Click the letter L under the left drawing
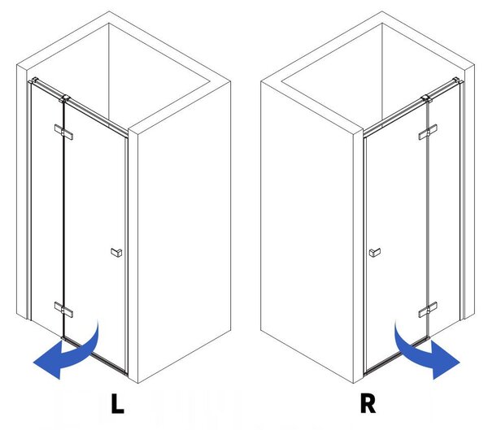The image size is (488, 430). (117, 403)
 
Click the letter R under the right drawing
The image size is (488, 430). (368, 403)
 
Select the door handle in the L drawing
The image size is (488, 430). (116, 252)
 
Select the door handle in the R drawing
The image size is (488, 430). (375, 252)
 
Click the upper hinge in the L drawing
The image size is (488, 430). (63, 132)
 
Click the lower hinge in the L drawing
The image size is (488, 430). (63, 310)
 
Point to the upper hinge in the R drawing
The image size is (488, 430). (428, 132)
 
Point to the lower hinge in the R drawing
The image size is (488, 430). (428, 310)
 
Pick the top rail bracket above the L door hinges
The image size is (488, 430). (65, 99)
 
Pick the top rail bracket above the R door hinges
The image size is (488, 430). (427, 99)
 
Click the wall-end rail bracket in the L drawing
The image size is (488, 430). (33, 80)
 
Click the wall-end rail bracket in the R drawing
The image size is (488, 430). (458, 80)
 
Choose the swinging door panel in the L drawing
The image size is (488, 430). (95, 237)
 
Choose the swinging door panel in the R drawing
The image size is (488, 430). (397, 237)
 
